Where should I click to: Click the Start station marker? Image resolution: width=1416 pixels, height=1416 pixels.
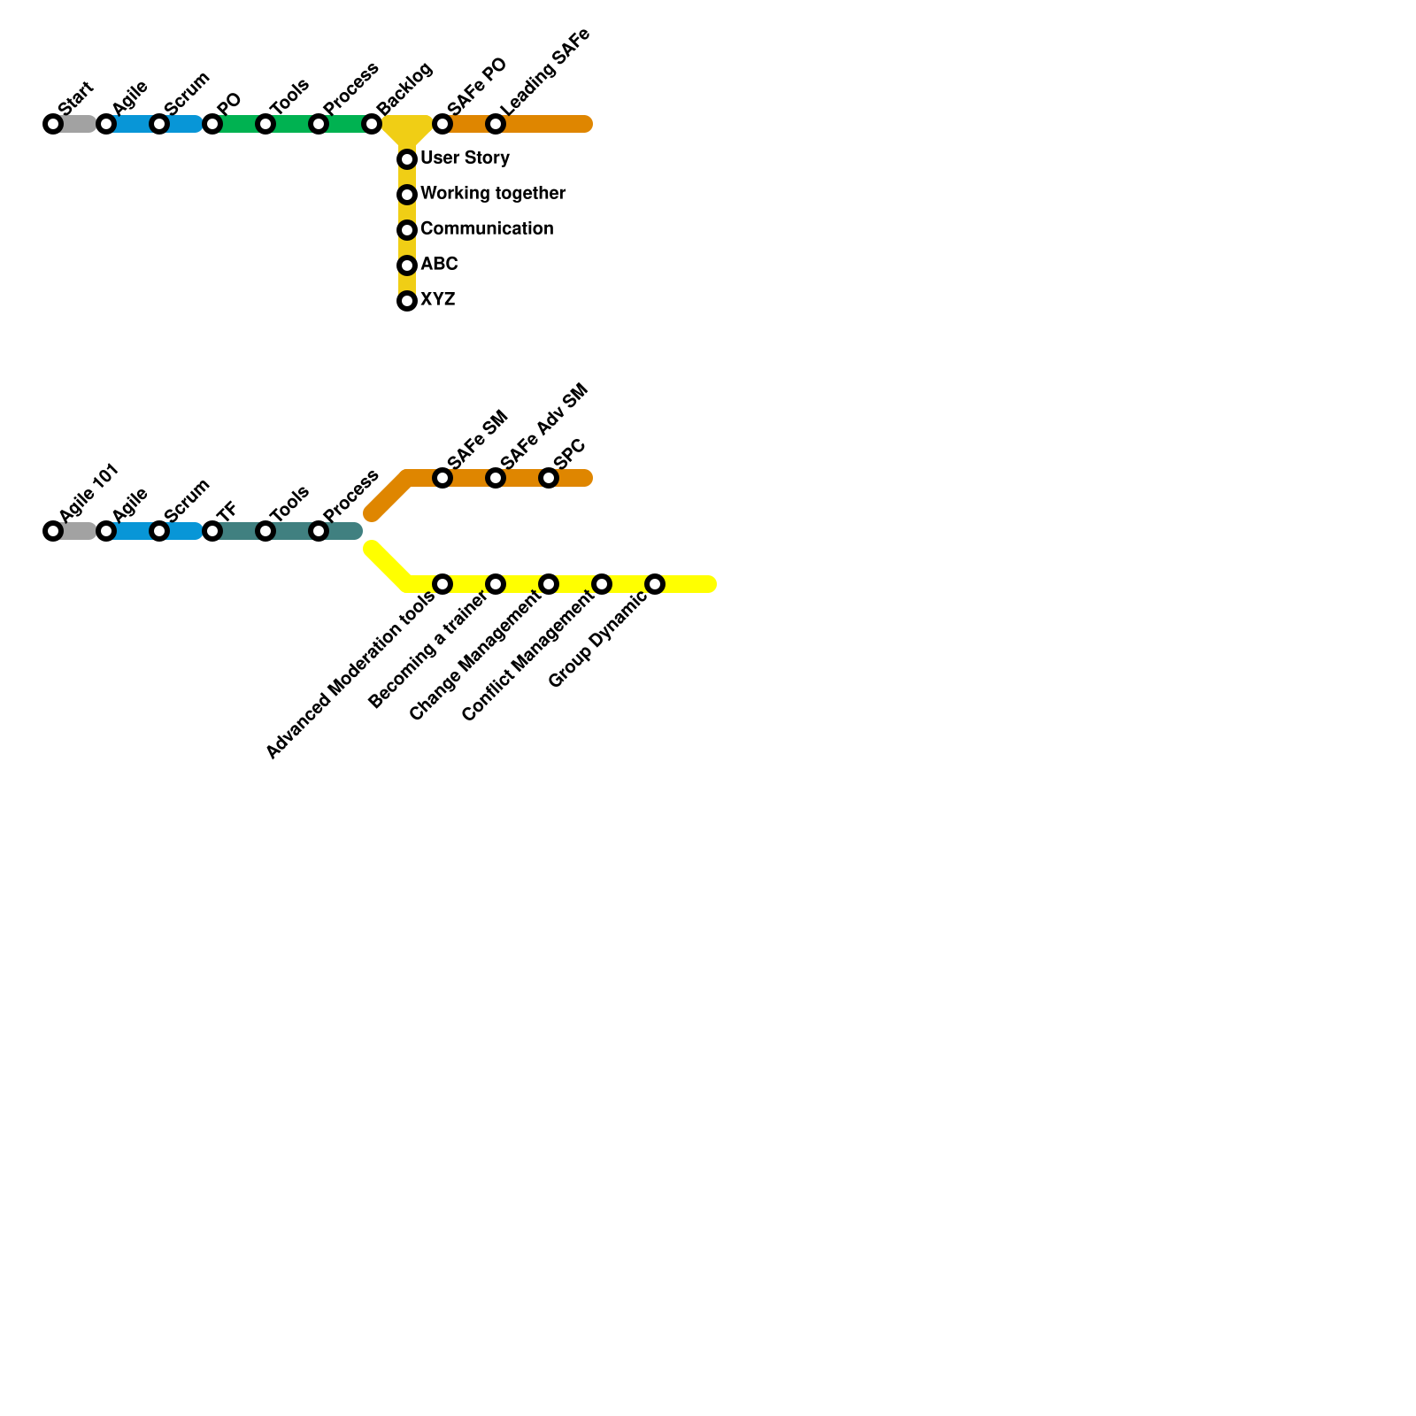(53, 124)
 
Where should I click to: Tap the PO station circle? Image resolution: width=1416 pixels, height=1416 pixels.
(212, 124)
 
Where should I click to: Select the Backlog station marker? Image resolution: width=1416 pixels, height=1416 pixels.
(372, 124)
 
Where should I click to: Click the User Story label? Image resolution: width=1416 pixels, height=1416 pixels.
(465, 158)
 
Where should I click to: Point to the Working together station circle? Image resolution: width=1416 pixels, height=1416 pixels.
(407, 195)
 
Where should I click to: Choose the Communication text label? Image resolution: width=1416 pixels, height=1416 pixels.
(487, 229)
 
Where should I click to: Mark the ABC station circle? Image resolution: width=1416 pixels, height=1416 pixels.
(407, 265)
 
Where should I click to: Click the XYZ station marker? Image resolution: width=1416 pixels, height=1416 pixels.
(407, 301)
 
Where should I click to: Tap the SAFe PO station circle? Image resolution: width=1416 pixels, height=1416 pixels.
(442, 124)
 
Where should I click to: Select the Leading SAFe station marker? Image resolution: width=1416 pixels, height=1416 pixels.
(496, 124)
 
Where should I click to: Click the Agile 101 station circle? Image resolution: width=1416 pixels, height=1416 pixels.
(53, 531)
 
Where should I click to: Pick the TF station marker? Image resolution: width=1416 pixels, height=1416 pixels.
(212, 531)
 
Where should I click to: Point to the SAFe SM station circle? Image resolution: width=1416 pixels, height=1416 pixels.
(442, 478)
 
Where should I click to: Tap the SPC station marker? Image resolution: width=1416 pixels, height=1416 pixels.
(549, 478)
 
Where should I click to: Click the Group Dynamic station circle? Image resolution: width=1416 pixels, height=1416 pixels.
(655, 584)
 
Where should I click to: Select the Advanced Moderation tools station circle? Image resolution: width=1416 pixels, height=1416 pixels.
(442, 584)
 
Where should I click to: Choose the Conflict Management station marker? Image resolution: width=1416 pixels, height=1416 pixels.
(602, 584)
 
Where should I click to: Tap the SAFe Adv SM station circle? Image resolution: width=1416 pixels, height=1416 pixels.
(496, 478)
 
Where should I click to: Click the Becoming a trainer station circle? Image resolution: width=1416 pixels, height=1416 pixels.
(496, 584)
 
